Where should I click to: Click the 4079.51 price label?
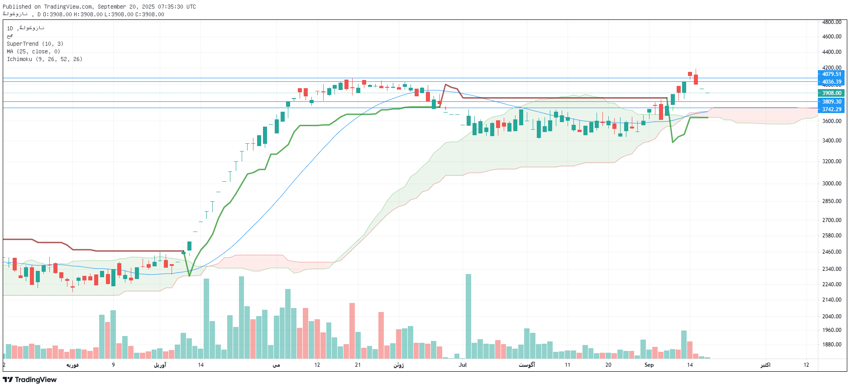pos(831,74)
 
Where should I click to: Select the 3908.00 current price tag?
pos(831,93)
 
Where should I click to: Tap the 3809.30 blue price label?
pos(831,102)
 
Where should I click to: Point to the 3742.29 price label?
pos(831,109)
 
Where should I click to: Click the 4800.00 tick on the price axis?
pos(831,22)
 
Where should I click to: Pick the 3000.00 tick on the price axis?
pos(831,184)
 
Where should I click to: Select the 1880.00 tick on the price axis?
pos(831,345)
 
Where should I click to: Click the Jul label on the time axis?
pos(463,365)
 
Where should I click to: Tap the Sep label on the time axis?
pos(649,365)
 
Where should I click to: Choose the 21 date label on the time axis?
pos(358,365)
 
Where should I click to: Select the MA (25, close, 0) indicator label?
pos(33,52)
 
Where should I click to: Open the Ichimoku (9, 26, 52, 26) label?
pos(44,59)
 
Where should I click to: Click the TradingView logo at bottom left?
pos(30,380)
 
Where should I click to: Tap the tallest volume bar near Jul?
pos(468,317)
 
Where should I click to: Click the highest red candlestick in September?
pos(690,74)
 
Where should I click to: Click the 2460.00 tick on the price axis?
pos(831,252)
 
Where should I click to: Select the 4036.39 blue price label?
pos(831,82)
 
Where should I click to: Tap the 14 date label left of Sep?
pos(201,365)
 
